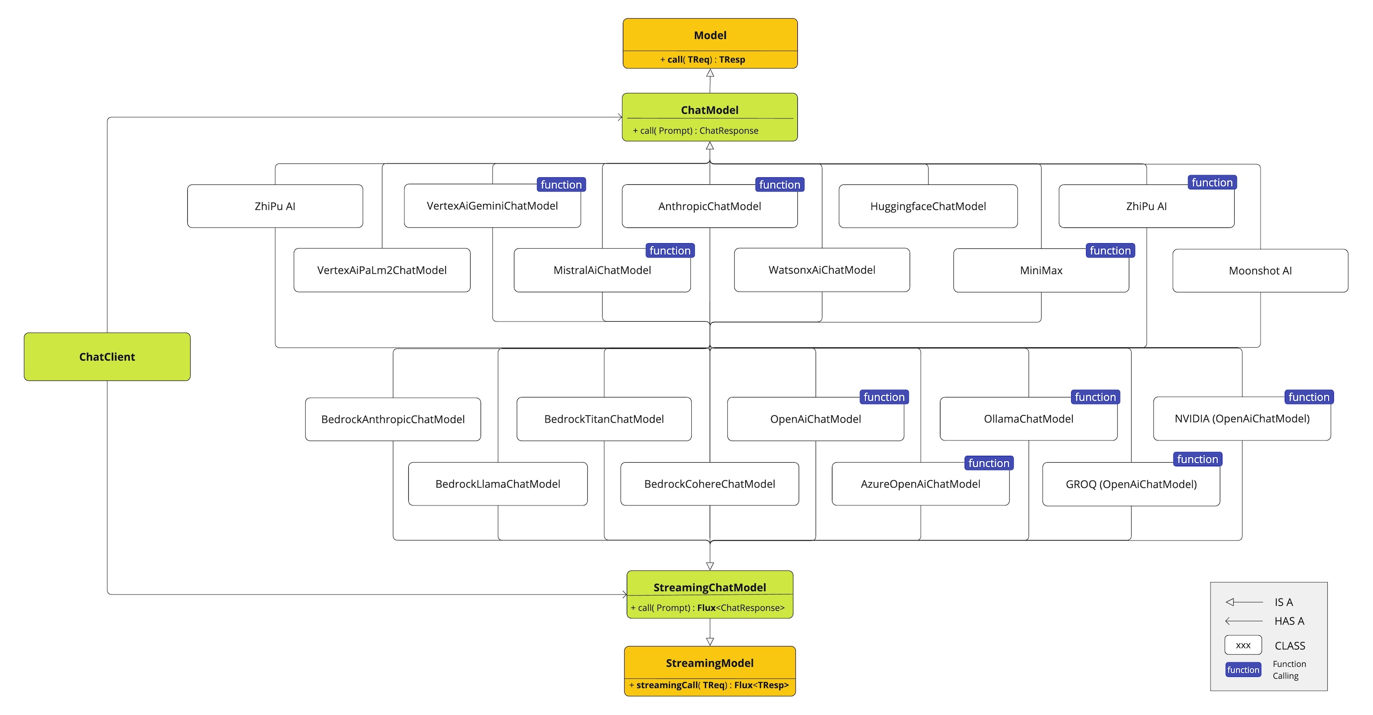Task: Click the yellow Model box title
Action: (x=710, y=35)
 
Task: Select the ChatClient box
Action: (x=107, y=357)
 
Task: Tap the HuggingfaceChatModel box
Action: (x=928, y=206)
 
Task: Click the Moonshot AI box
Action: (x=1260, y=271)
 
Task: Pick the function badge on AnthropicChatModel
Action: (x=779, y=185)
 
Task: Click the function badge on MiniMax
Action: (x=1110, y=251)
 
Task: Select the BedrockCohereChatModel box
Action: (x=709, y=484)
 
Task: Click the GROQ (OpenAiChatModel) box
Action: (x=1131, y=484)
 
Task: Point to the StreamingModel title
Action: (x=709, y=663)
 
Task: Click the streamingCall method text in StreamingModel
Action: (x=709, y=685)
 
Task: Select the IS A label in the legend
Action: (x=1283, y=603)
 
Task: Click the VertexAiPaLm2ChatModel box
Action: (x=382, y=271)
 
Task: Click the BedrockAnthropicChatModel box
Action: (x=393, y=419)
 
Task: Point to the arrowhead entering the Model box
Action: (x=710, y=73)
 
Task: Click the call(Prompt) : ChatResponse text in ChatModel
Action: (x=696, y=131)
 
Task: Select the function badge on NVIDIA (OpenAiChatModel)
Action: (x=1309, y=397)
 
